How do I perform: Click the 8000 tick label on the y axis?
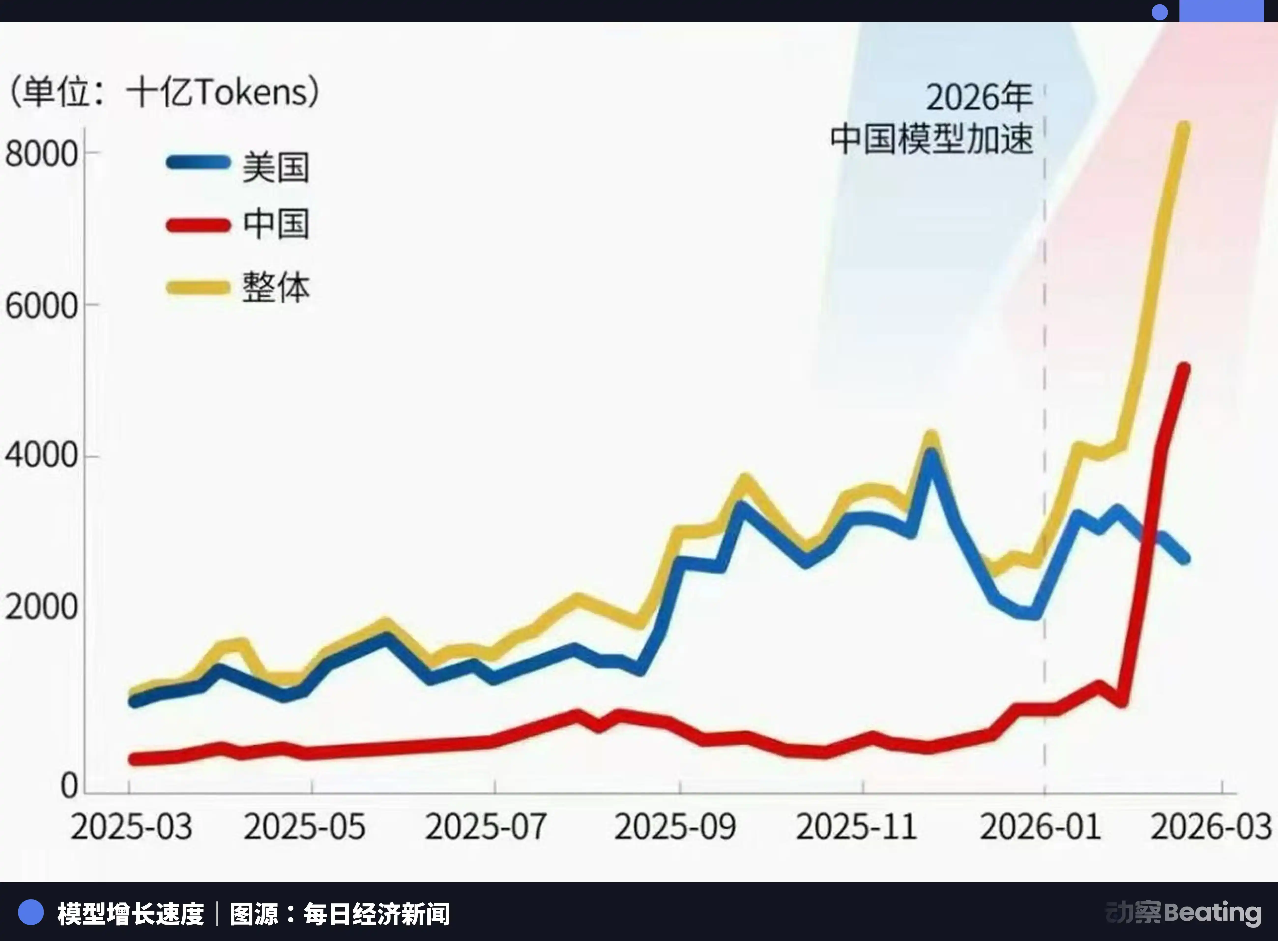click(x=41, y=154)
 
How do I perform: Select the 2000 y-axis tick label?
click(x=41, y=607)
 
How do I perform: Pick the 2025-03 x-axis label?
click(x=131, y=827)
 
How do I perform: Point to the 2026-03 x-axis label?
click(x=1211, y=827)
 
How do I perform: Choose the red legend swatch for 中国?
click(x=198, y=225)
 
